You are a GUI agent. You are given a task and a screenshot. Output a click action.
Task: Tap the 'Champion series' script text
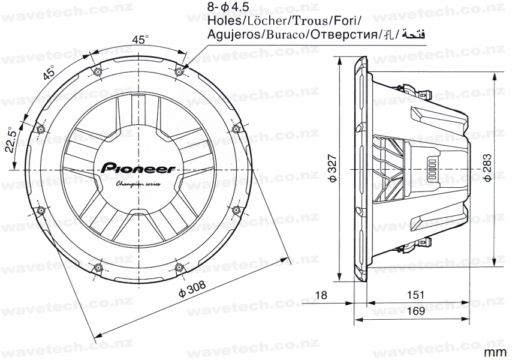(x=137, y=184)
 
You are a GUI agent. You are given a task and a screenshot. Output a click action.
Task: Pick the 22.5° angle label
(x=10, y=140)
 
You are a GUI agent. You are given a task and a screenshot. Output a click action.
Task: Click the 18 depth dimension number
(x=321, y=295)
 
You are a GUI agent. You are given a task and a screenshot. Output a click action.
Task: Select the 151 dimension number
(x=415, y=295)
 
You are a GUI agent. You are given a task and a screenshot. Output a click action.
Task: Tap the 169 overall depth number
(x=415, y=311)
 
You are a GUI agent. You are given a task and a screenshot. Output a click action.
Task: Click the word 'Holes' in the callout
(x=222, y=21)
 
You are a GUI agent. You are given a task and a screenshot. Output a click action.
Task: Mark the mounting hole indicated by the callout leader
(x=179, y=73)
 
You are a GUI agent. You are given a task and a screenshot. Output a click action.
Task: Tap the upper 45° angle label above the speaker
(x=140, y=40)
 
